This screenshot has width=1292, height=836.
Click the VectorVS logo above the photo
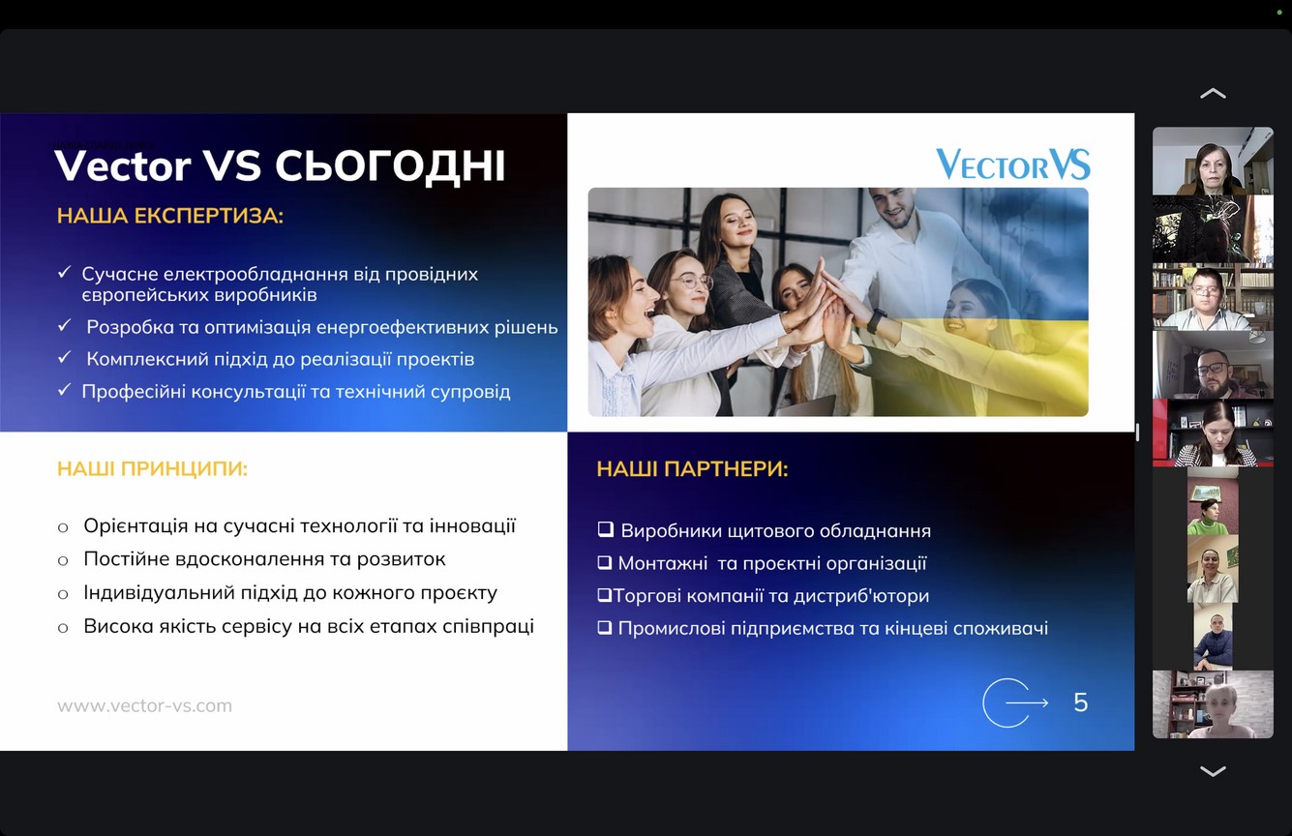pyautogui.click(x=1013, y=164)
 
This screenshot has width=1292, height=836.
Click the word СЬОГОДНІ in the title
pyautogui.click(x=390, y=166)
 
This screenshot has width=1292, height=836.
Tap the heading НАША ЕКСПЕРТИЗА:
pyautogui.click(x=170, y=216)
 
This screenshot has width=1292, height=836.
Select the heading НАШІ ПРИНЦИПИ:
pyautogui.click(x=152, y=468)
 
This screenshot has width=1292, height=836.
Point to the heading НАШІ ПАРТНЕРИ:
pyautogui.click(x=692, y=468)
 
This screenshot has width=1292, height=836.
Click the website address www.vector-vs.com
pyautogui.click(x=145, y=705)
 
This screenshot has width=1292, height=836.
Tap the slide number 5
pyautogui.click(x=1081, y=702)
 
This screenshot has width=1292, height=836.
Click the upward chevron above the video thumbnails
pyautogui.click(x=1213, y=94)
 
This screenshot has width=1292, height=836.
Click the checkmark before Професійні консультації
pyautogui.click(x=64, y=390)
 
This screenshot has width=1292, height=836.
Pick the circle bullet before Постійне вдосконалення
pyautogui.click(x=63, y=560)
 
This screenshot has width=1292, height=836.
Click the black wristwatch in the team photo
pyautogui.click(x=876, y=320)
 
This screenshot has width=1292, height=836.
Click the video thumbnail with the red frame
pyautogui.click(x=1213, y=433)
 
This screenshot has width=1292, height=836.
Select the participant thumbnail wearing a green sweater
pyautogui.click(x=1213, y=500)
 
